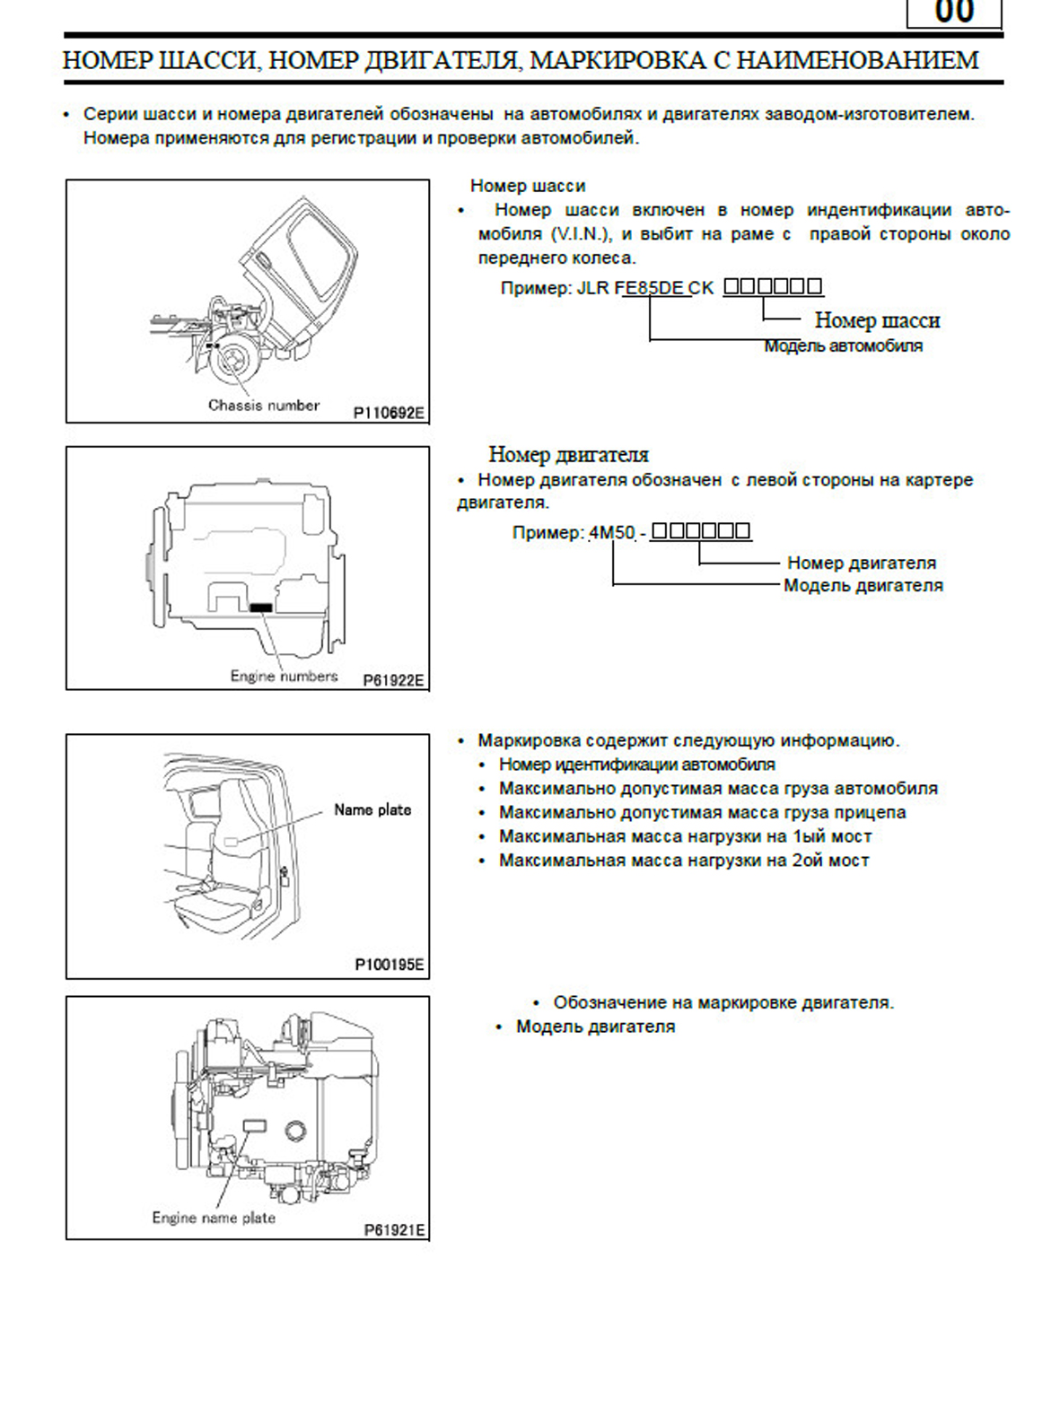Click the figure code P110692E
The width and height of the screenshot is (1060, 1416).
coord(389,413)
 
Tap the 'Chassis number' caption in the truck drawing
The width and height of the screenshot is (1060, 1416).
coord(264,405)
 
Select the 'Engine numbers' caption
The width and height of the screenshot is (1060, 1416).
coord(284,676)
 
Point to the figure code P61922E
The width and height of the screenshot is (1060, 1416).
coord(393,680)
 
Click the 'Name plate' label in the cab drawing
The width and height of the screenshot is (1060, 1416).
coord(372,809)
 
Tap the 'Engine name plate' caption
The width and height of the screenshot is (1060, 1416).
coord(214,1218)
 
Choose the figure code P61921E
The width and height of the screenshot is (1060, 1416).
coord(394,1229)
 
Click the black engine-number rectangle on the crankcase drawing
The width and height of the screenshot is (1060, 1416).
coord(260,607)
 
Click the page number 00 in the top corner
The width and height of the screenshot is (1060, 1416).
coord(954,13)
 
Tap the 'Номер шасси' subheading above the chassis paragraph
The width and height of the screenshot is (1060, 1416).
coord(528,186)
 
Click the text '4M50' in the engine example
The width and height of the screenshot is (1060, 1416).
coord(612,532)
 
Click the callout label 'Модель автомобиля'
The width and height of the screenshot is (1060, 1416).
coord(843,345)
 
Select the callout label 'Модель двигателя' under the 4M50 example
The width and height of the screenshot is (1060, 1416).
coord(863,585)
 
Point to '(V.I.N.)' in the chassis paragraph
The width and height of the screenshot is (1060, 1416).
coord(580,234)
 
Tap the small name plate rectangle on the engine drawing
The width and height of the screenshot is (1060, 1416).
coord(255,1125)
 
